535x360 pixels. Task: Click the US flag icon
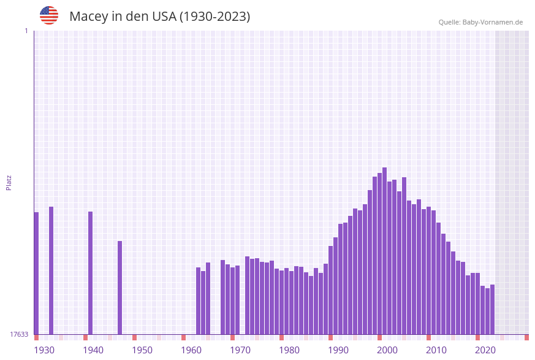tap(49, 15)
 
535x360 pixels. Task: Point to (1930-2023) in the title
tap(214, 17)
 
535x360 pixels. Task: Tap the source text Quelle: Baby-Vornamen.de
tap(480, 22)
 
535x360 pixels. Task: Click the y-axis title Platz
tap(9, 182)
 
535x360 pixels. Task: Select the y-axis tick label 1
tap(26, 31)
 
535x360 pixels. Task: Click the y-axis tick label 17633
tap(19, 334)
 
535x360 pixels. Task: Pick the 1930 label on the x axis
tap(44, 350)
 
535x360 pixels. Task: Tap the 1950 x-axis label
tap(142, 350)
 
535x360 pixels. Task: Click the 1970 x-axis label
tap(240, 350)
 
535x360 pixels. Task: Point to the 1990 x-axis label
tap(338, 350)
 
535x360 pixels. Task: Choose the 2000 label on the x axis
tap(387, 350)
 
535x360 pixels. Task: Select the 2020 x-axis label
tap(485, 350)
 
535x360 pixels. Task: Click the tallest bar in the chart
tap(384, 251)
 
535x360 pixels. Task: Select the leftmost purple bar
tap(36, 273)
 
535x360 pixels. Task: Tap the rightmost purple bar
tap(492, 309)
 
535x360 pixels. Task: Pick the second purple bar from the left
tap(51, 270)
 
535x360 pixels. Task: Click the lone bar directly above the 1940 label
tap(90, 273)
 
